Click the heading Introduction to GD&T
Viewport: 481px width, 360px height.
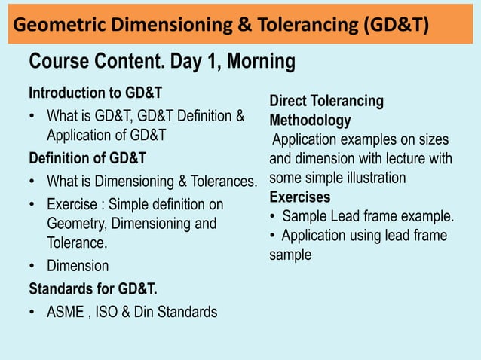pos(95,94)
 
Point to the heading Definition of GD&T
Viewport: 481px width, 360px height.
pos(87,159)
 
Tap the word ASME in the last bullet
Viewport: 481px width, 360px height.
pos(66,311)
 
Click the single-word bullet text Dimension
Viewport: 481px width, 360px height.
pos(78,266)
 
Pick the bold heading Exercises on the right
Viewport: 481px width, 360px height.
pos(299,197)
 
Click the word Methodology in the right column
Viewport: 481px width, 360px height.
pos(310,121)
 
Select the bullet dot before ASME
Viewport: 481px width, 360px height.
pos(32,312)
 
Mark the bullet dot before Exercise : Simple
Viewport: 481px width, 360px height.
pos(32,205)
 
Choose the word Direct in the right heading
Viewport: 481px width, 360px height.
pos(290,101)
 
